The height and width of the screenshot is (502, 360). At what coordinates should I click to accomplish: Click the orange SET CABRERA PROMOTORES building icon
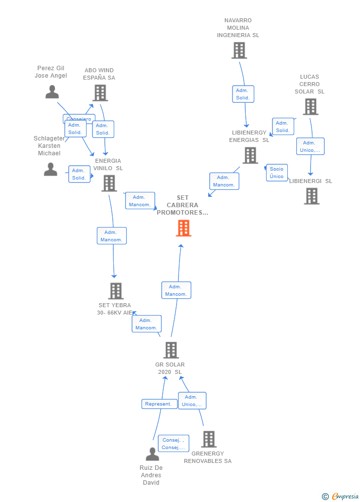tap(183, 228)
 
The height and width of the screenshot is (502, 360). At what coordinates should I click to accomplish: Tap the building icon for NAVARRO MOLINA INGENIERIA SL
tap(239, 50)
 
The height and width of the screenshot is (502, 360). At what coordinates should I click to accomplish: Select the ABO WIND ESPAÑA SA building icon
tap(100, 92)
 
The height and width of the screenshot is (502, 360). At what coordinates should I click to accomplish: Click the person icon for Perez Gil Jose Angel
tap(52, 92)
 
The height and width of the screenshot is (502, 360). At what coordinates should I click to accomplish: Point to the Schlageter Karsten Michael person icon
tap(50, 169)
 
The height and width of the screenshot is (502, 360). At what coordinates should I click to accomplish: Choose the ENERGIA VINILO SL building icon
tap(109, 183)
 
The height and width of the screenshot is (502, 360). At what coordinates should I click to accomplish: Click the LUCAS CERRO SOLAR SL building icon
tap(310, 106)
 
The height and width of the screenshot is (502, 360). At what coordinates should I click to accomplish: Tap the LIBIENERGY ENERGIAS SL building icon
tap(250, 155)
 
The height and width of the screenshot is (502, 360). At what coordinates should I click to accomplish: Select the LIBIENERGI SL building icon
tap(312, 196)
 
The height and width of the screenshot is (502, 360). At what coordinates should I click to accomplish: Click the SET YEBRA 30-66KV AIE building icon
tap(115, 291)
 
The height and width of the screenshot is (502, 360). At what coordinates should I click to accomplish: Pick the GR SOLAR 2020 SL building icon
tap(171, 350)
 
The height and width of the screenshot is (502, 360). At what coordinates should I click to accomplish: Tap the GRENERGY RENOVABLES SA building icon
tap(209, 439)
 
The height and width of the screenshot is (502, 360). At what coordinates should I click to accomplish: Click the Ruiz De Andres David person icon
tap(152, 454)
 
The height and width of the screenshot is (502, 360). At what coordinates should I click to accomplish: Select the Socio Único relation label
tap(277, 173)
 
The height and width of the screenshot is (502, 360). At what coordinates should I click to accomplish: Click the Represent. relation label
tap(159, 404)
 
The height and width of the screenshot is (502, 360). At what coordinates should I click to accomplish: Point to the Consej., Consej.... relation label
tap(174, 444)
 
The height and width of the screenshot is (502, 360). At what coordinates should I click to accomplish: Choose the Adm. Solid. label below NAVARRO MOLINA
tap(243, 94)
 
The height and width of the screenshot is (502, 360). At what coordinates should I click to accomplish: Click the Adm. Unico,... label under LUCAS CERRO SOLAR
tap(311, 146)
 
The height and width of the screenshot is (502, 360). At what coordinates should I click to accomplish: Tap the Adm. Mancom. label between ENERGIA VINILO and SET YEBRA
tap(111, 236)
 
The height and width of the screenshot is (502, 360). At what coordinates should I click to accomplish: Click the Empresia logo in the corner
tap(341, 496)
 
